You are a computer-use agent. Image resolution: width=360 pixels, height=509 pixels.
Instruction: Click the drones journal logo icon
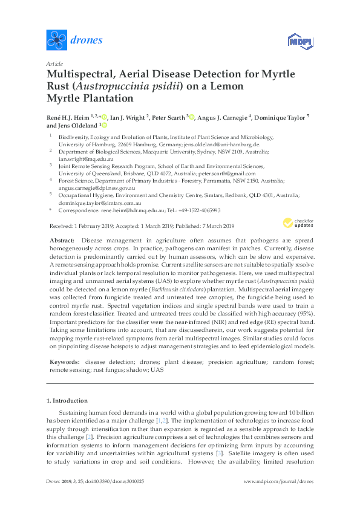[57, 40]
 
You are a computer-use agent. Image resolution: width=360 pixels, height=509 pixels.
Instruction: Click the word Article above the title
[54, 63]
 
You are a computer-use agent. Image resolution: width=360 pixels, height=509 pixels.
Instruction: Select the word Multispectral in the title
[83, 74]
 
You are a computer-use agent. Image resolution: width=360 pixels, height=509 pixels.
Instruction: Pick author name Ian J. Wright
[128, 117]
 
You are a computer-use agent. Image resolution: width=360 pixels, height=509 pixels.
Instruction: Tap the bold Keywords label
[64, 361]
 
